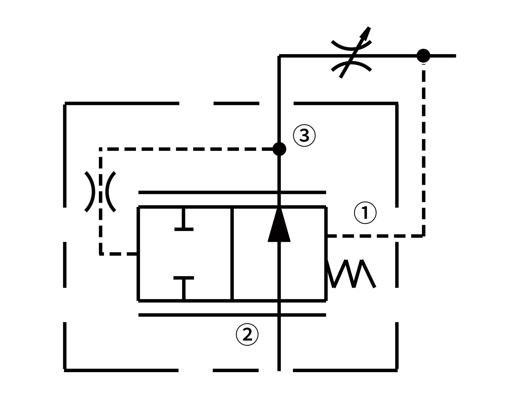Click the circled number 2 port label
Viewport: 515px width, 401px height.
[x=247, y=335]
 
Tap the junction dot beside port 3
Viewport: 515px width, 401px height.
[x=279, y=149]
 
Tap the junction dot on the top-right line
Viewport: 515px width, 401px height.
[x=423, y=56]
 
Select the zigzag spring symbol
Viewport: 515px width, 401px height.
[x=352, y=274]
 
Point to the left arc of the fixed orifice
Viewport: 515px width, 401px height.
[x=91, y=192]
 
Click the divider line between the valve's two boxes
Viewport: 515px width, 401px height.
[x=232, y=254]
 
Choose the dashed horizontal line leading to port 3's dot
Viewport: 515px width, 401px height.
[x=187, y=149]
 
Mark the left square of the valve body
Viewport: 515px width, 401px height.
[x=185, y=254]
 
